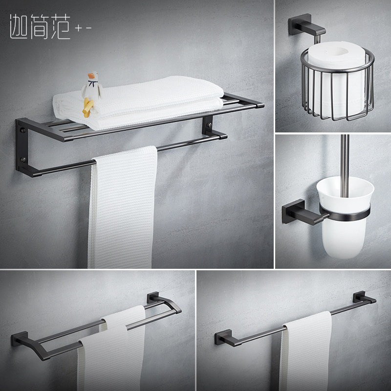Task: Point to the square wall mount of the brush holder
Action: tap(292, 214)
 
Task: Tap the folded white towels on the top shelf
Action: tap(147, 100)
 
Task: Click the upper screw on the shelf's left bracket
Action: tap(22, 131)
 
